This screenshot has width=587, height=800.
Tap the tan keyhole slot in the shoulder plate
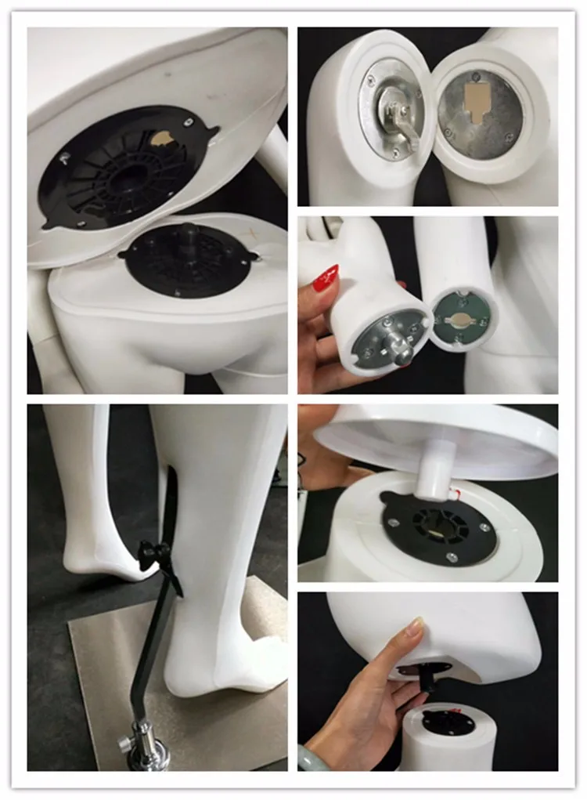(x=477, y=102)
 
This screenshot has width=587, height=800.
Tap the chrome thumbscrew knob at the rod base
(x=127, y=741)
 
